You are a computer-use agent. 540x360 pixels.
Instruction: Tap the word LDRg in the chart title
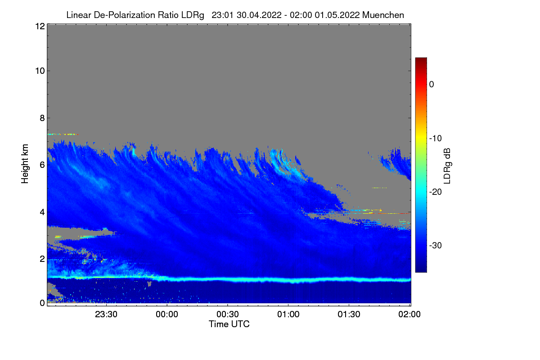pos(192,15)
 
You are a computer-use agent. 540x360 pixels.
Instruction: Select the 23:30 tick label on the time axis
pos(107,314)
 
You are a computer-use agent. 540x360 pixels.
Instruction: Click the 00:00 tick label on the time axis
pos(167,314)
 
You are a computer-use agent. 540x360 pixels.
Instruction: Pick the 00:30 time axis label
pos(228,314)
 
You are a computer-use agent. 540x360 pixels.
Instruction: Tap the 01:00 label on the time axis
pos(288,314)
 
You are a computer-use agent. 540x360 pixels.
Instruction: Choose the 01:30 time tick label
pos(349,314)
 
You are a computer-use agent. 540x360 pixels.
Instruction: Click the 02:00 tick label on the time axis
pos(410,314)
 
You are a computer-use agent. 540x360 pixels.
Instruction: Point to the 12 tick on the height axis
pos(39,27)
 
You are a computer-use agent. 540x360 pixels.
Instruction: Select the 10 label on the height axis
pos(39,71)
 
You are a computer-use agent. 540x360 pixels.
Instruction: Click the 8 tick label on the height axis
pos(42,118)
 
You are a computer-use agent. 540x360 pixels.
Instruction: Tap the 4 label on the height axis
pos(42,211)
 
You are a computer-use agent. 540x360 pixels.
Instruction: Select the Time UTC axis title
pos(229,324)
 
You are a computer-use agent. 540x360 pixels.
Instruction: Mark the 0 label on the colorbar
pos(432,85)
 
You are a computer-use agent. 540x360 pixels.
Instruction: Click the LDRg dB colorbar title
pos(447,165)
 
